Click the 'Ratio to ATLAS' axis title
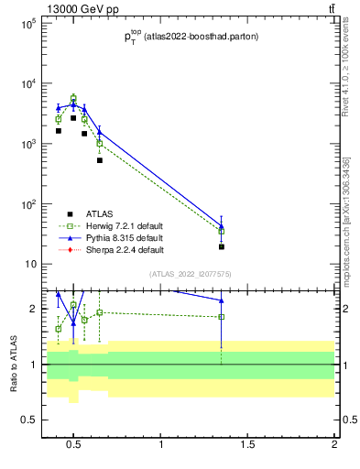pyautogui.click(x=13, y=365)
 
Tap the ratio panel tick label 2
pyautogui.click(x=31, y=309)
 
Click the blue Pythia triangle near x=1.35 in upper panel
pyautogui.click(x=222, y=224)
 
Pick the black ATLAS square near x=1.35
pyautogui.click(x=222, y=246)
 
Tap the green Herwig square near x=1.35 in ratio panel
pyautogui.click(x=222, y=317)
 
